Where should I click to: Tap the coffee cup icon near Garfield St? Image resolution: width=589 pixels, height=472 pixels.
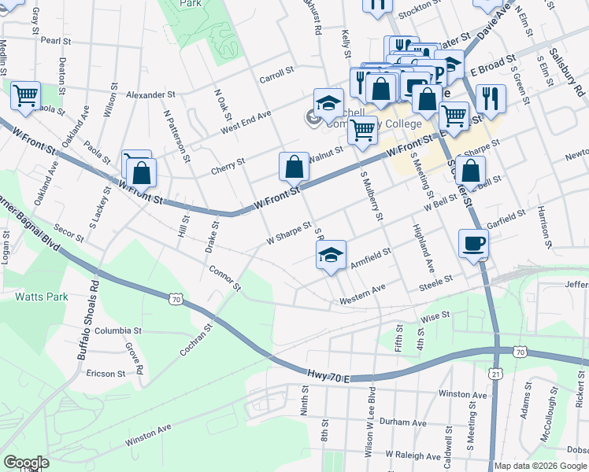click(473, 243)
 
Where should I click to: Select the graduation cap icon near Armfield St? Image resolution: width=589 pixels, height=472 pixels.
click(331, 254)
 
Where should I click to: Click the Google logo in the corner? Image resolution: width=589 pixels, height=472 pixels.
click(26, 463)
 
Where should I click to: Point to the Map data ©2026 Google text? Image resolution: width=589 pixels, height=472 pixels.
click(540, 466)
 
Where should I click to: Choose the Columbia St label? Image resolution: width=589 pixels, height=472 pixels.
click(117, 331)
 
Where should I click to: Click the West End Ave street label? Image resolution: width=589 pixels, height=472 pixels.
click(246, 122)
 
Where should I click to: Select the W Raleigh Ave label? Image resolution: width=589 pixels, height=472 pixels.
click(413, 455)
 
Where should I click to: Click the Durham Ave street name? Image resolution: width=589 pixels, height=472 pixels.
click(402, 422)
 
